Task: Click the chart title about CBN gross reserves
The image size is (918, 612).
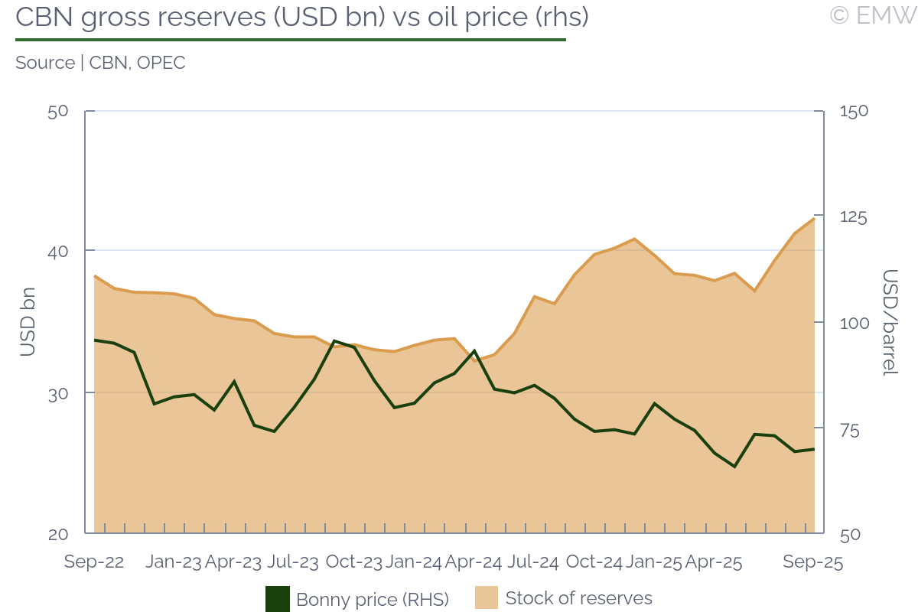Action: (x=302, y=17)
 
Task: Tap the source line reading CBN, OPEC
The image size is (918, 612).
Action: (x=100, y=63)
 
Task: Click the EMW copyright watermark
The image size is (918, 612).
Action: (x=872, y=15)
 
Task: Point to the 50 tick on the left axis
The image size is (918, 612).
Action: (x=58, y=111)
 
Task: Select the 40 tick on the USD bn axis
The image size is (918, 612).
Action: (x=58, y=251)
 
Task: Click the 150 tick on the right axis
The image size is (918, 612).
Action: (x=854, y=111)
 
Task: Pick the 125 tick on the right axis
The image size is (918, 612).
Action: (x=854, y=217)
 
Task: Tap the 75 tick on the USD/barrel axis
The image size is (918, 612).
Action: (x=849, y=430)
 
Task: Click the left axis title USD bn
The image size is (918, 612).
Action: (x=28, y=322)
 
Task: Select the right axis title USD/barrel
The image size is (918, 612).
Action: (x=890, y=322)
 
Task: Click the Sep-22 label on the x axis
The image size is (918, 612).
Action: (x=94, y=562)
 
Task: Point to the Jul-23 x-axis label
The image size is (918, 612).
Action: (x=293, y=562)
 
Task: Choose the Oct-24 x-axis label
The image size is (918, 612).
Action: (x=594, y=562)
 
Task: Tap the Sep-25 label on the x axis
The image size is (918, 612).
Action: (x=812, y=562)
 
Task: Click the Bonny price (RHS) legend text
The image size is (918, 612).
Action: (x=373, y=599)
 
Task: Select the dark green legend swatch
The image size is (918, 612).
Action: (x=278, y=599)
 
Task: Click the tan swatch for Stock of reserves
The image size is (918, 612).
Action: (x=487, y=598)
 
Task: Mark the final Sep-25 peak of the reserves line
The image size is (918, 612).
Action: (x=814, y=219)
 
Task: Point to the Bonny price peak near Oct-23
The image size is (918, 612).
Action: (x=334, y=340)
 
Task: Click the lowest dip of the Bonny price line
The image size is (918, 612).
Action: (x=734, y=467)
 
